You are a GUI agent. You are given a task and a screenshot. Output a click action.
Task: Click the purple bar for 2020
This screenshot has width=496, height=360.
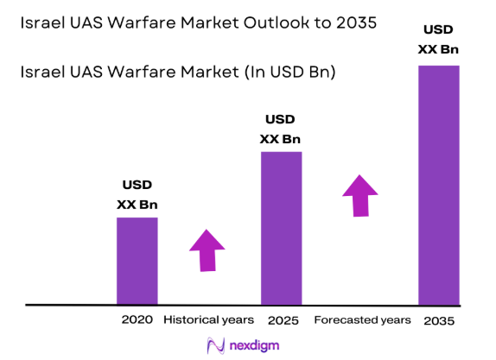(x=137, y=261)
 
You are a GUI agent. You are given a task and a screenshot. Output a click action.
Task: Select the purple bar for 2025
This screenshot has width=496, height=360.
(x=281, y=228)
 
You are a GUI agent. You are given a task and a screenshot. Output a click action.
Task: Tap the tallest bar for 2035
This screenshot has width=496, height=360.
(x=438, y=186)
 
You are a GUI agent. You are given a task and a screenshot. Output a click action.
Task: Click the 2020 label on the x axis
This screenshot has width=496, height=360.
(x=137, y=319)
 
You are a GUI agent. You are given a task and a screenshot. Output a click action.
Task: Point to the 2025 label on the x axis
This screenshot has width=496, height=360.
(x=283, y=320)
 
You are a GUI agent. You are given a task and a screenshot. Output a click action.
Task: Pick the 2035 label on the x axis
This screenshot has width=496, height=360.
(x=439, y=320)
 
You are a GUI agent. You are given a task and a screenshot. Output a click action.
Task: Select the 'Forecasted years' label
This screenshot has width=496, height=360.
(x=361, y=319)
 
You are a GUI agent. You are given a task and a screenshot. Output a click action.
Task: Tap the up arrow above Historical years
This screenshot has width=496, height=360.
(x=207, y=250)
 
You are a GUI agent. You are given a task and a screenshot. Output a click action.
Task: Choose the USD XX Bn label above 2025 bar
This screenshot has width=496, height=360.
(x=281, y=129)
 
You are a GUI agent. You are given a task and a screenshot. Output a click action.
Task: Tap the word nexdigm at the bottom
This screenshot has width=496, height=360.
(x=255, y=345)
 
